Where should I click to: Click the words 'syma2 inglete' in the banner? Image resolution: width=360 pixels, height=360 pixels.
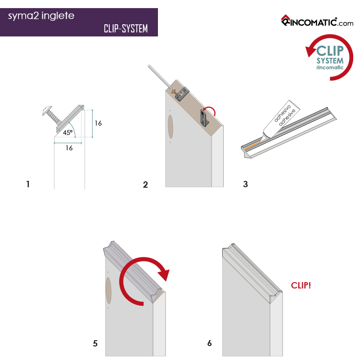[x=41, y=16]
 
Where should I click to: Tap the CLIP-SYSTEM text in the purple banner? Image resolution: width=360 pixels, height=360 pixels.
[x=126, y=29]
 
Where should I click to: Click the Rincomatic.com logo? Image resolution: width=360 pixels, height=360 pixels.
[x=317, y=21]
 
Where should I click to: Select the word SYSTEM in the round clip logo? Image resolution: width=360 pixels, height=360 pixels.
[x=330, y=61]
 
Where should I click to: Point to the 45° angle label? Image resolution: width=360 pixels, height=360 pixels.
[x=68, y=132]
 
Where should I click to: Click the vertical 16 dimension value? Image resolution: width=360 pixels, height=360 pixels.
[x=98, y=123]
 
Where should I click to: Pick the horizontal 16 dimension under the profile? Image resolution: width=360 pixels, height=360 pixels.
[x=69, y=148]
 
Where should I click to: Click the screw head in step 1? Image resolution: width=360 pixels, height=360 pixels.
[x=47, y=110]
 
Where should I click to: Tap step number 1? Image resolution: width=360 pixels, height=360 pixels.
[x=28, y=184]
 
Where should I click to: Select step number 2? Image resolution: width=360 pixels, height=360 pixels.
[x=145, y=184]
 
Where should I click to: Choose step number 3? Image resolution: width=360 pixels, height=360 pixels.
[x=245, y=184]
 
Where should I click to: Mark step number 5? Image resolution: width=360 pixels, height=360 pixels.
[x=95, y=343]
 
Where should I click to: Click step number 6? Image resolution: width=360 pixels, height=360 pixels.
[x=209, y=343]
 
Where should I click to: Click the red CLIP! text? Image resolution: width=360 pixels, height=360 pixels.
[x=301, y=285]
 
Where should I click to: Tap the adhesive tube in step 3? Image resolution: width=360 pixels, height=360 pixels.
[x=280, y=119]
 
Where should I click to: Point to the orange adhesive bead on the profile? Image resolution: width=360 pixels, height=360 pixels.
[x=252, y=145]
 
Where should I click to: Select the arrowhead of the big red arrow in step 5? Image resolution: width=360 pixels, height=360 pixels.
[x=164, y=274]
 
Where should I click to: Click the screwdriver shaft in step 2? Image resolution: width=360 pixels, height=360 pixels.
[x=159, y=76]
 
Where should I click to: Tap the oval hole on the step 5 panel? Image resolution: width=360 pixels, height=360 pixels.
[x=108, y=291]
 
